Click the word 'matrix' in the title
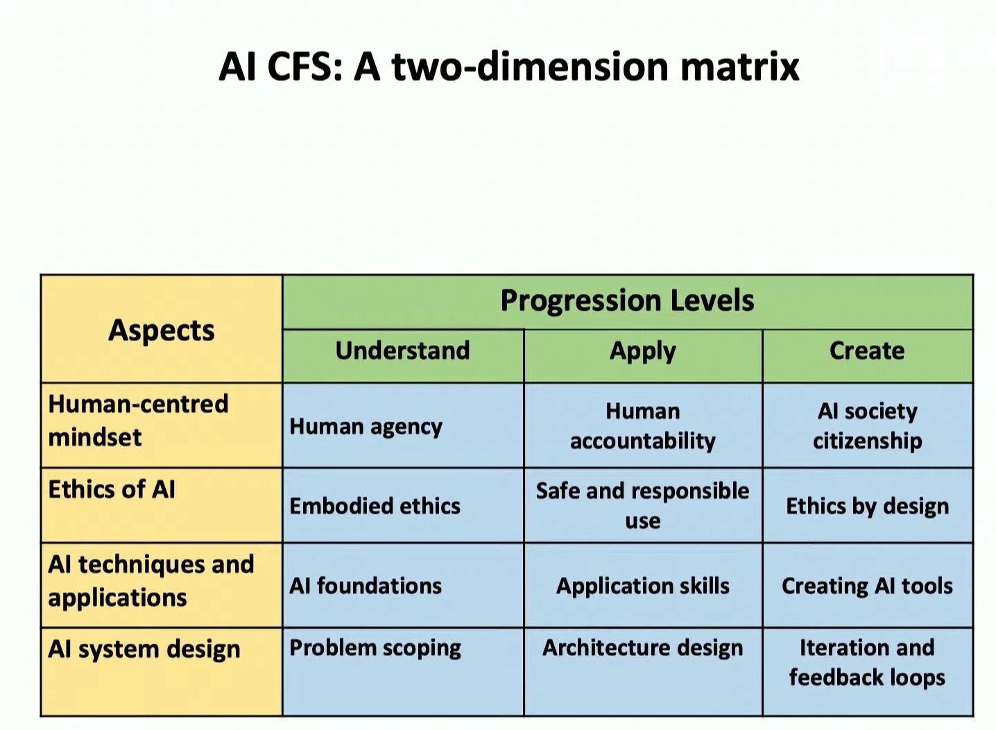tap(739, 67)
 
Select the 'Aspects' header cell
tap(162, 330)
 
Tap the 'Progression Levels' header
tap(627, 301)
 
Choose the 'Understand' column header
tap(402, 351)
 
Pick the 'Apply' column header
tap(642, 351)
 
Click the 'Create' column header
tap(867, 351)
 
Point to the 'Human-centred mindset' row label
tap(138, 421)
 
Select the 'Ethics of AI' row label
tap(112, 490)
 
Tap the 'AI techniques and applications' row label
tap(151, 581)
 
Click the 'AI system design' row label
tap(144, 650)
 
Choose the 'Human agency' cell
tap(366, 427)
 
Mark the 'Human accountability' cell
tap(642, 426)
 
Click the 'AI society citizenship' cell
tap(867, 426)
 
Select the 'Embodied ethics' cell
tap(375, 507)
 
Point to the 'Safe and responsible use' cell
tap(642, 505)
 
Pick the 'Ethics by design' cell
tap(867, 507)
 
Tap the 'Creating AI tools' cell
tap(867, 586)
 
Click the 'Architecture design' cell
tap(642, 648)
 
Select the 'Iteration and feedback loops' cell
tap(867, 663)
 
